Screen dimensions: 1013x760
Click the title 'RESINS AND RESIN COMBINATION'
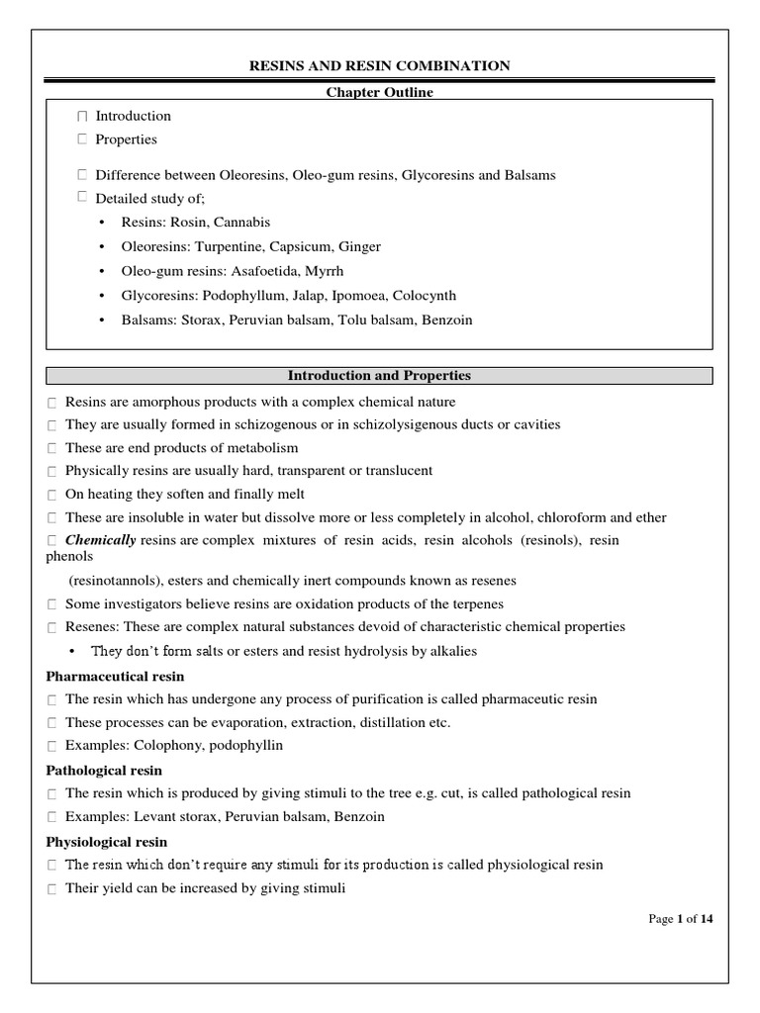pos(380,66)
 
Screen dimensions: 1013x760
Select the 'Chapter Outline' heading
pos(380,92)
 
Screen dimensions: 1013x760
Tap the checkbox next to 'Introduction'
pos(82,117)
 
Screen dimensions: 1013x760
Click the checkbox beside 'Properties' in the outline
pos(82,140)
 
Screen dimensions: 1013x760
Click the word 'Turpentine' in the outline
pos(227,246)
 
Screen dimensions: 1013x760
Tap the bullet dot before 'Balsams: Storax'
pos(103,320)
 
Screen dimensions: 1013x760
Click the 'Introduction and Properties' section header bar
pos(380,376)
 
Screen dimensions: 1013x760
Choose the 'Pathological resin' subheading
pos(104,770)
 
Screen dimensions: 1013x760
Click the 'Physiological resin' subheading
pos(107,842)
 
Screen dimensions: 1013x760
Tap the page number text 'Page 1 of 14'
pos(680,919)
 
